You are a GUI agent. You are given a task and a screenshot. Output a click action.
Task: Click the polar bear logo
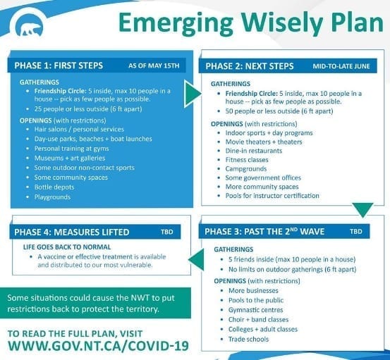coord(29,25)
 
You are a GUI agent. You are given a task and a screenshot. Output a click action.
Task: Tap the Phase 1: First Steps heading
coord(59,66)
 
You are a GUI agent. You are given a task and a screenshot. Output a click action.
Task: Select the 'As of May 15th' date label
coord(154,66)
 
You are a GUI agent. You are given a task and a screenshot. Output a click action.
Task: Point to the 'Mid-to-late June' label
coord(341,66)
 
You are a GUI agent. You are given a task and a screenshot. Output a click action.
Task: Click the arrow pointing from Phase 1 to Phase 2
coord(192,94)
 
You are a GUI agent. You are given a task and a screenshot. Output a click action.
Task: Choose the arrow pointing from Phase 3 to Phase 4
coord(197,260)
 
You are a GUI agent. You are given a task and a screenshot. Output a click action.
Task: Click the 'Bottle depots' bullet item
coord(54,187)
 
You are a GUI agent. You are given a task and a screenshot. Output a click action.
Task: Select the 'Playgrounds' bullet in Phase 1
coord(52,197)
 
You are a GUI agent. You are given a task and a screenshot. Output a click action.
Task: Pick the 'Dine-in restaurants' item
coord(254,151)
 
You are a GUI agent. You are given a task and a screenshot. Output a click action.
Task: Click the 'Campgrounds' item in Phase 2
coord(246,169)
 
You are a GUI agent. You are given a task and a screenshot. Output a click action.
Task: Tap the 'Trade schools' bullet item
coord(249,339)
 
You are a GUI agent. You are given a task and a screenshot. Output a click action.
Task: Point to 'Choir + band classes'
coord(258,320)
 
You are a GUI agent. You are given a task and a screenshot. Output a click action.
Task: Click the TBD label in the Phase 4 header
coord(167,232)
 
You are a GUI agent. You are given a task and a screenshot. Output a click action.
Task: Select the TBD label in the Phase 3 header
coord(356,232)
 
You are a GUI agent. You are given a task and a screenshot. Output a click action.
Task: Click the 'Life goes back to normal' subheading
coord(67,247)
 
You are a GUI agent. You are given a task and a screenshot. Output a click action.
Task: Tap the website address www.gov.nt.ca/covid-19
coord(98,346)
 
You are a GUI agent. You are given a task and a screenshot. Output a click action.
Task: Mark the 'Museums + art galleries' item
coord(70,158)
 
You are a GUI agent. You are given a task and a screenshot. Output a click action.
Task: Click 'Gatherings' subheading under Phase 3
coord(233,249)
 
